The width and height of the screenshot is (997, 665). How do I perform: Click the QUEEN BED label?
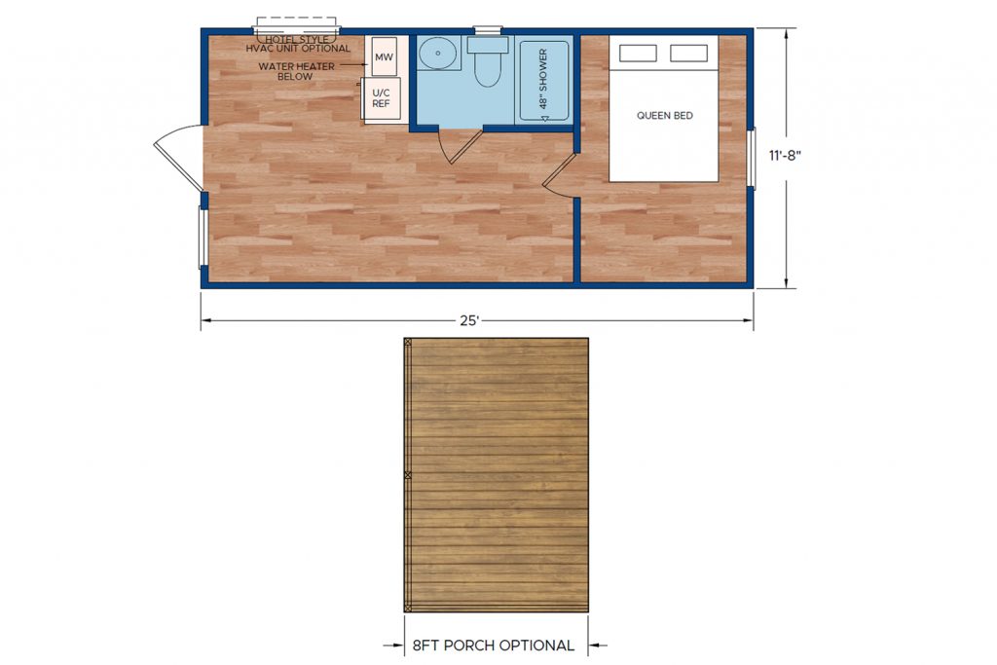[664, 116]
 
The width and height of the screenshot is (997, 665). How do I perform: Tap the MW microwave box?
[384, 57]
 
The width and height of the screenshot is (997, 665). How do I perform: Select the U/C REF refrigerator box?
[381, 98]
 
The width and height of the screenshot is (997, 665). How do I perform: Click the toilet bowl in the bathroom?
[488, 70]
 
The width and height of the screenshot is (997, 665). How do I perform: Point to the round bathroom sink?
[437, 53]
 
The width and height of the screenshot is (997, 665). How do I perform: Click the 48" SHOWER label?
[543, 79]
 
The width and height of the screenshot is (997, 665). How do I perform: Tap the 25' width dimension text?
[468, 320]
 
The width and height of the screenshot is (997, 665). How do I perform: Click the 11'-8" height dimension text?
[785, 156]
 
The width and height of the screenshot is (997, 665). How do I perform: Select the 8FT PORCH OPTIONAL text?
[494, 646]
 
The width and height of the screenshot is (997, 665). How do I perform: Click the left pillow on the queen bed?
[638, 54]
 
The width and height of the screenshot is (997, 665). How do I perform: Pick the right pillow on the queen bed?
[688, 54]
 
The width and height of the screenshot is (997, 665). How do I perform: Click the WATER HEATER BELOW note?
[296, 71]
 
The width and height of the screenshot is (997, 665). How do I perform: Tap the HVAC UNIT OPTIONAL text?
[298, 49]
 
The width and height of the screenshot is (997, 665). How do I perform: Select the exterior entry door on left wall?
[179, 157]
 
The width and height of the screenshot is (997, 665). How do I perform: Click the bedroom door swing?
[560, 175]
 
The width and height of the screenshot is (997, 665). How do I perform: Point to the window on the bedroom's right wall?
[752, 159]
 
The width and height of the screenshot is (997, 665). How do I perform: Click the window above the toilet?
[488, 30]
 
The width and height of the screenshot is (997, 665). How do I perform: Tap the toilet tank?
[488, 45]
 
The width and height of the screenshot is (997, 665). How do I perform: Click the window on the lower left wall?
[203, 238]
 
